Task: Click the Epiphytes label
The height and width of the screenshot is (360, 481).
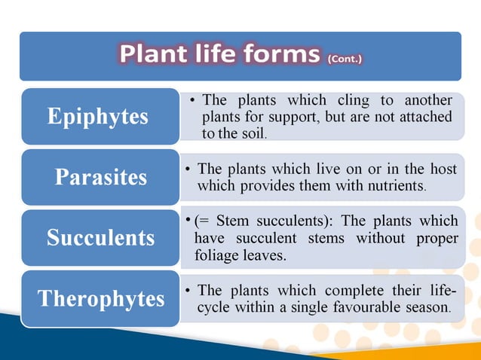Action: coord(98,117)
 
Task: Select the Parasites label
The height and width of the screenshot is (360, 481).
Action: coord(100,178)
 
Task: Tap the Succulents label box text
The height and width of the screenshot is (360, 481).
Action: coord(100,238)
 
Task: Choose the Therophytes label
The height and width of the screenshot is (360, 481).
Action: coord(101,298)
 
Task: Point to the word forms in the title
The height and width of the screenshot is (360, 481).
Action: coord(280,55)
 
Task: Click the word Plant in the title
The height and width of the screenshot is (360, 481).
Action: coord(156,55)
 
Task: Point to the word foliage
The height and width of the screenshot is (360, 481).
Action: coord(218,255)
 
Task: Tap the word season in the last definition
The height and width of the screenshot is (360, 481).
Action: coord(428,307)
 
